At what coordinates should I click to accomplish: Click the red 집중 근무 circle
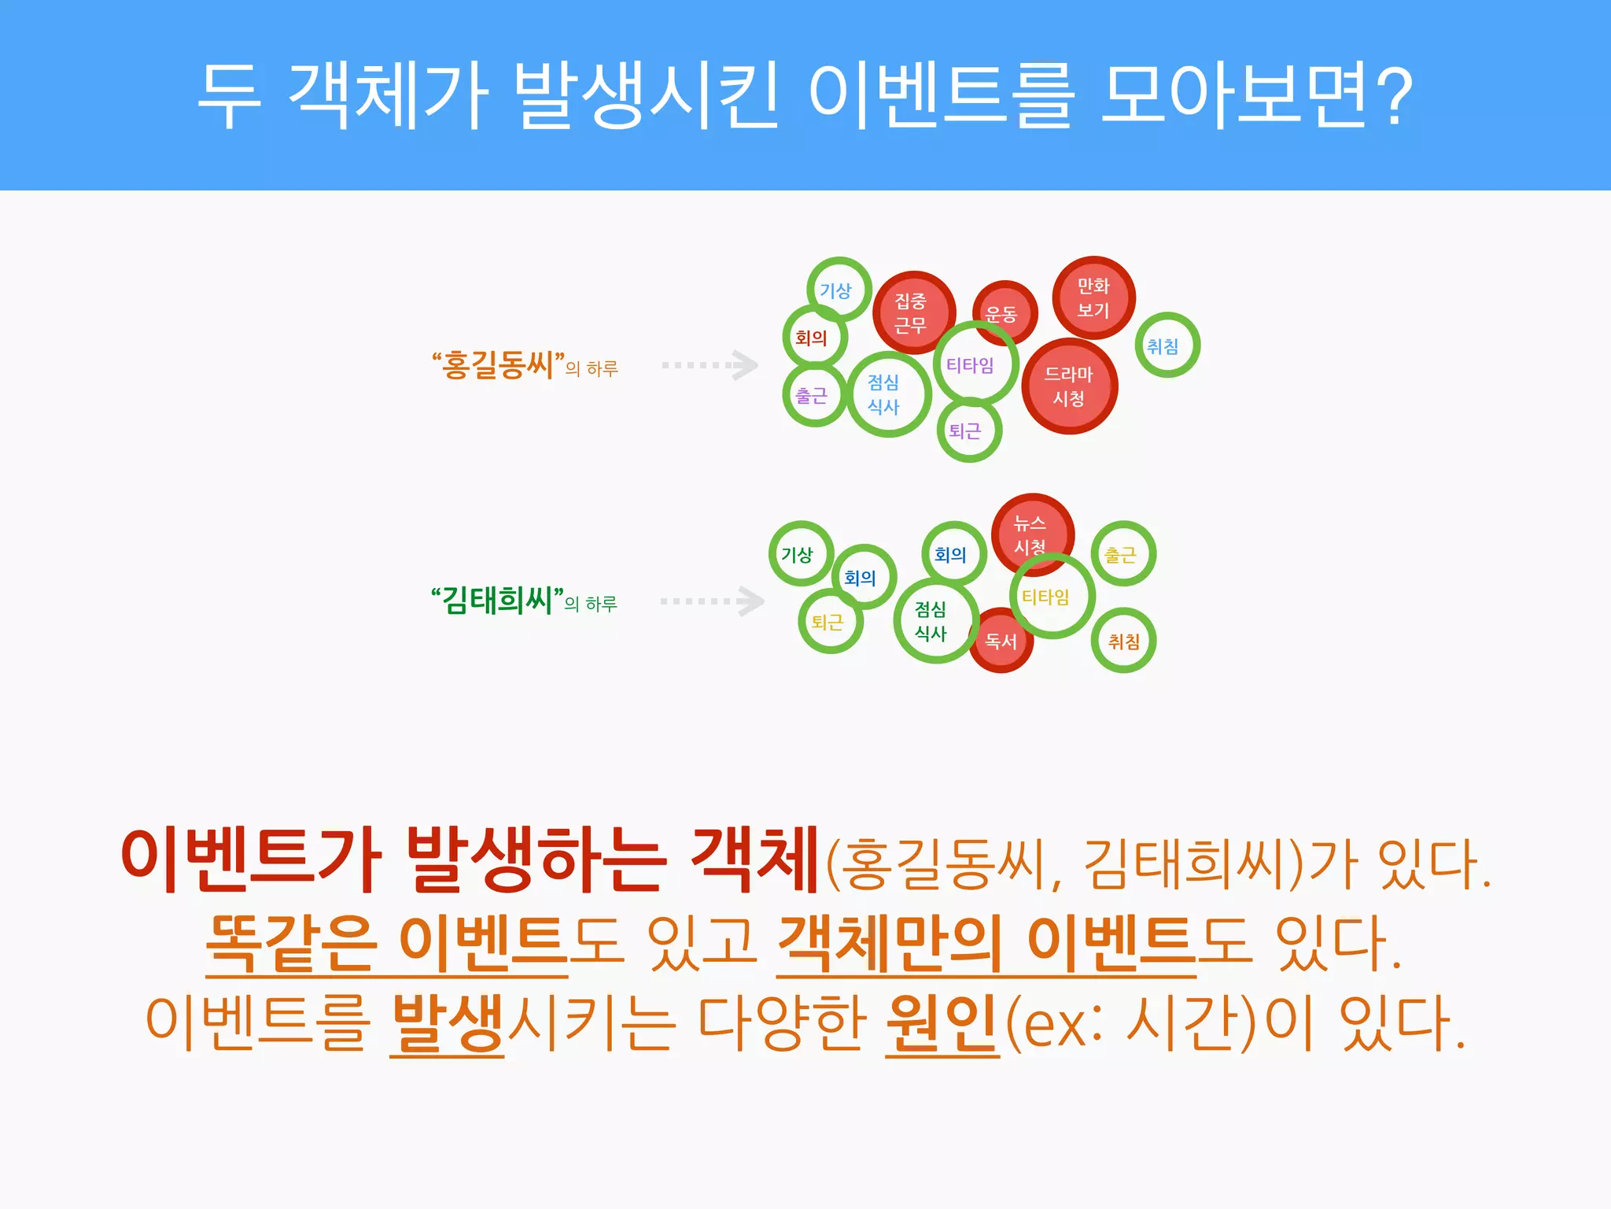tap(912, 312)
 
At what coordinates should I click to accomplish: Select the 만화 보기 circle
tap(1093, 298)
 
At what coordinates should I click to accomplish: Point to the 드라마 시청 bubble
tap(1069, 386)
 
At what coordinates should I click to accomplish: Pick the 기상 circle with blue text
tap(839, 290)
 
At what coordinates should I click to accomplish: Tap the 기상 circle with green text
tap(800, 553)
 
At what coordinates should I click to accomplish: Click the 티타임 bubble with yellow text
tap(1050, 597)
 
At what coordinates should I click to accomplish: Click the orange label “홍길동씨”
tap(498, 365)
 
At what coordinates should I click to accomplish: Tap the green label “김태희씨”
tap(497, 601)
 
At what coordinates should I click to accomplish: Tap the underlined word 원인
tap(942, 1023)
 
